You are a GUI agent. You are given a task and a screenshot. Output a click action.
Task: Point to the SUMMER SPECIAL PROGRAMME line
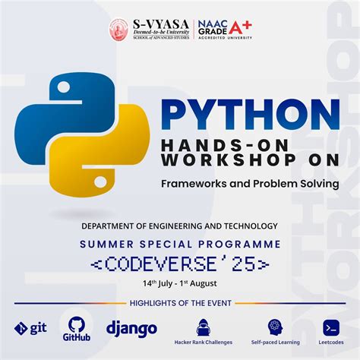tap(179, 244)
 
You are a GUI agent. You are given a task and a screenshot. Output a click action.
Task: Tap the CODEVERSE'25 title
tap(179, 264)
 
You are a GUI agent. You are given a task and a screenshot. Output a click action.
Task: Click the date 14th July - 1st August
tap(179, 283)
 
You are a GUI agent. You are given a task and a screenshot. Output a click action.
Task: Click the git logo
tap(30, 328)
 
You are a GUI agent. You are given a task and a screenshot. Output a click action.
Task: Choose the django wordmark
tap(131, 328)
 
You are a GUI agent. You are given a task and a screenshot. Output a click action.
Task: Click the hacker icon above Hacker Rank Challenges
tap(203, 326)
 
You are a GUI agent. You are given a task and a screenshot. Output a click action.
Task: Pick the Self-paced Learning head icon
tap(273, 326)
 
